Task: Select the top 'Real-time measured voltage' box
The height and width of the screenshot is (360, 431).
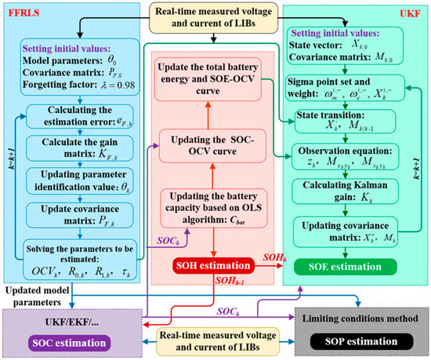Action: [215, 16]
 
